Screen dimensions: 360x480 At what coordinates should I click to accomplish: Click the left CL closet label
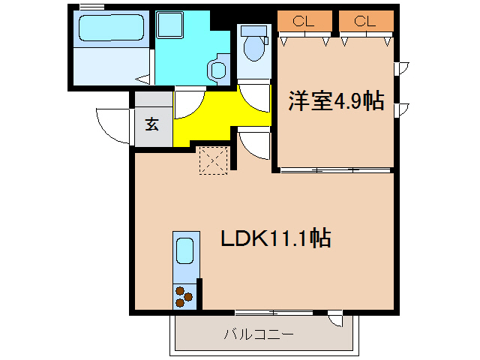[x=304, y=21]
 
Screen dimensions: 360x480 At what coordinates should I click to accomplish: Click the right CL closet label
[x=364, y=21]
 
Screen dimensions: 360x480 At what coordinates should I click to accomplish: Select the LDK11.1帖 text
[x=276, y=238]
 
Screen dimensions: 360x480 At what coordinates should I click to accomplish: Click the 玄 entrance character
[x=152, y=124]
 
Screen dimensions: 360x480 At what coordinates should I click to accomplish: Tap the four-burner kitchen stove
[x=184, y=298]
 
